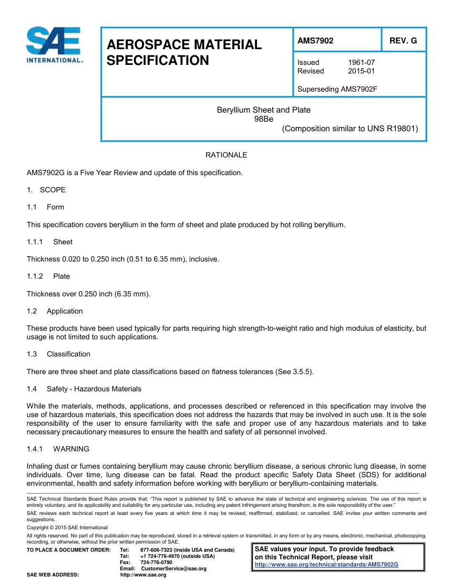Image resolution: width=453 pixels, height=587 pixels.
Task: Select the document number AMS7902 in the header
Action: [x=315, y=41]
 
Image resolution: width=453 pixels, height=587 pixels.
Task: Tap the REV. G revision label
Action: [x=403, y=41]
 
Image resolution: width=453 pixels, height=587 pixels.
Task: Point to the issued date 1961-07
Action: [x=361, y=63]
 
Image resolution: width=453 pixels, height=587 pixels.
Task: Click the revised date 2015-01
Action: [x=361, y=71]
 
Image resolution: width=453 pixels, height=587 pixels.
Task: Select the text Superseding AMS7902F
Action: [x=337, y=89]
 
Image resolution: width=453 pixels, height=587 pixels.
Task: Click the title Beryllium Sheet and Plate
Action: [x=264, y=110]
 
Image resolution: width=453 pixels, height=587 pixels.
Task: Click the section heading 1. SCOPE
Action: [x=46, y=190]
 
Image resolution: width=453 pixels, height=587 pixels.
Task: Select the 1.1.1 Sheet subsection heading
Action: [x=50, y=242]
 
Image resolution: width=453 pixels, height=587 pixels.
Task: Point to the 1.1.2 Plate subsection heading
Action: [x=48, y=276]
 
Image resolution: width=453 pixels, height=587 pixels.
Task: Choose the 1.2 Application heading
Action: [x=55, y=311]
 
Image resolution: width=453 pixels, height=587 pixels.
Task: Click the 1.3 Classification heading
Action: [x=59, y=354]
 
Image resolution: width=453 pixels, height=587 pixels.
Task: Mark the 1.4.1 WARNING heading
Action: [x=58, y=449]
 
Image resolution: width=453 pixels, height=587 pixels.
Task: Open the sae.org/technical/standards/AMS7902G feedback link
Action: [x=327, y=565]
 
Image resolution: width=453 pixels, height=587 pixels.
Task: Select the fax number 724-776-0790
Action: [x=156, y=563]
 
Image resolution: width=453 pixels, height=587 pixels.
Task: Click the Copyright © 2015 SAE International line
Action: [x=67, y=527]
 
